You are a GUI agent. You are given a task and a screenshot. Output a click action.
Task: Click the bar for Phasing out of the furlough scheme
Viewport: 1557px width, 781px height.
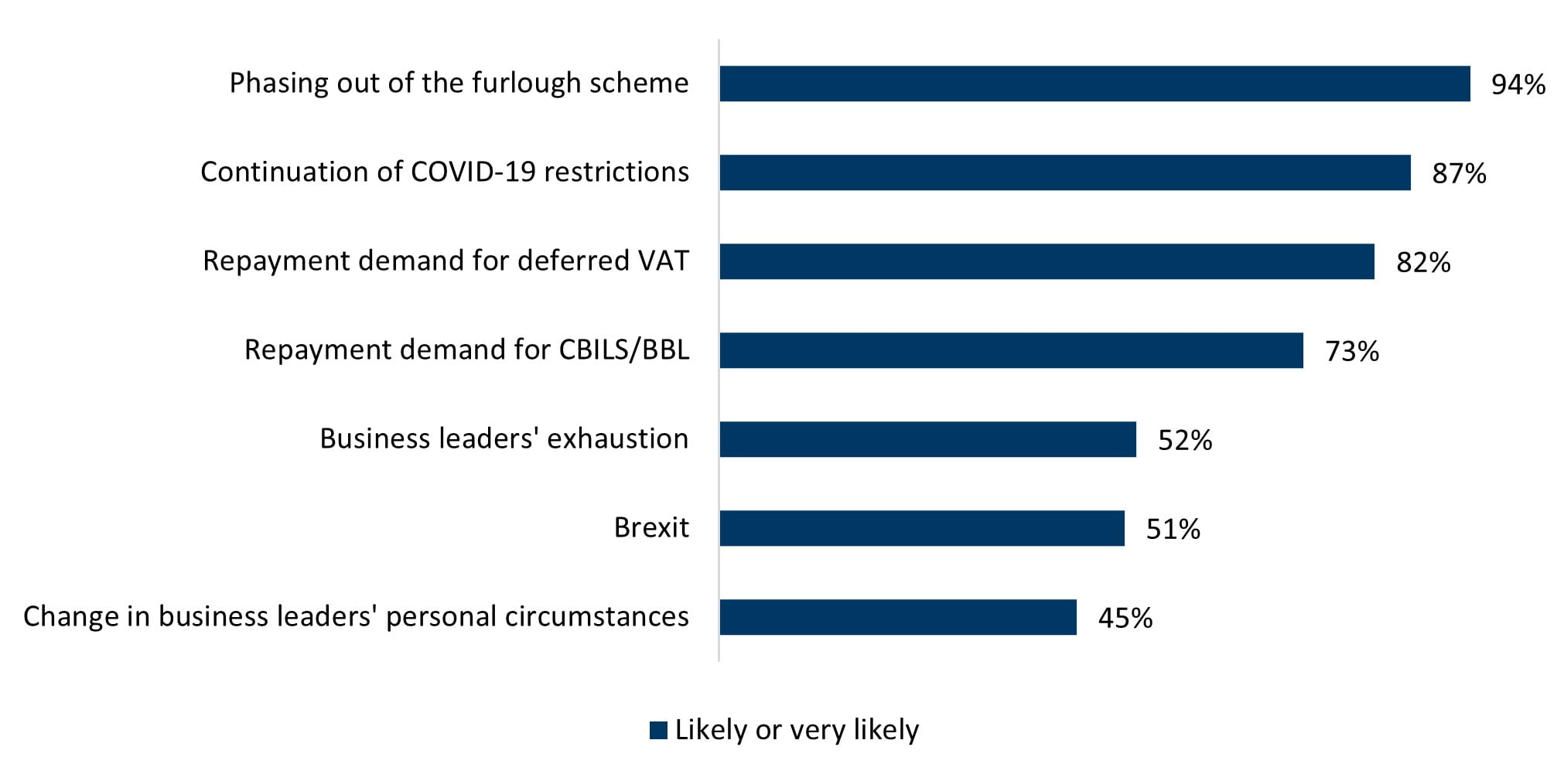click(1094, 84)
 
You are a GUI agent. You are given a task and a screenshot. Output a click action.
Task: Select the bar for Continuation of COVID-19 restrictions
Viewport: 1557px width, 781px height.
click(1065, 172)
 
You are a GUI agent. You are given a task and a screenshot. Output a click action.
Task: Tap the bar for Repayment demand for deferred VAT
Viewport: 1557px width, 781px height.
click(1047, 261)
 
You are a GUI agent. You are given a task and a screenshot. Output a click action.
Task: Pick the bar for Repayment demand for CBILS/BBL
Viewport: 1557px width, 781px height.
click(1012, 350)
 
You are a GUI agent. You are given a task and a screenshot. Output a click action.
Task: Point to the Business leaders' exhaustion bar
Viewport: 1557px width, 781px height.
click(928, 439)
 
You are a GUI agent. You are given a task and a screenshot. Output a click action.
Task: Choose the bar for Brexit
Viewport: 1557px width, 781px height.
click(922, 528)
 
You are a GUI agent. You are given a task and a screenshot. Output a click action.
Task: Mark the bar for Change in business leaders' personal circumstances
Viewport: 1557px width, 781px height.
click(898, 617)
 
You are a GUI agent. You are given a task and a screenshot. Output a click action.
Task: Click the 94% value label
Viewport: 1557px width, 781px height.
click(1518, 84)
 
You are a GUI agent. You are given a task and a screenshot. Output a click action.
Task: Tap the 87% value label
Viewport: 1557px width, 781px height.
click(1459, 173)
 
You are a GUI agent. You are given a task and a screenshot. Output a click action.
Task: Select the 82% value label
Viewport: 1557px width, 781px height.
click(1423, 262)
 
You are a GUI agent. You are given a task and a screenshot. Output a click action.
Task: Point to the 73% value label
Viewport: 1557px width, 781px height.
click(1352, 351)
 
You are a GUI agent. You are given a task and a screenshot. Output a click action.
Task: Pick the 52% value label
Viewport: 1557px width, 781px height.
click(1185, 440)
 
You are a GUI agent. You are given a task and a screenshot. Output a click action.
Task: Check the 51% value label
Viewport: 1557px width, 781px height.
click(1173, 529)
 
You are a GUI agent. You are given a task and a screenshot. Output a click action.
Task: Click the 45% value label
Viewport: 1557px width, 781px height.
click(1125, 618)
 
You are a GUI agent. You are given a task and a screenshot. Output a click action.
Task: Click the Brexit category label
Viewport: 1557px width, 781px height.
click(651, 527)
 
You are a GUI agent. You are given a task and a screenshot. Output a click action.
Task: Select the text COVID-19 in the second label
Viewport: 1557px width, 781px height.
click(473, 172)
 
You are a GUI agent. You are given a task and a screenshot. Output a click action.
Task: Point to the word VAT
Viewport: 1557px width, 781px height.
click(663, 261)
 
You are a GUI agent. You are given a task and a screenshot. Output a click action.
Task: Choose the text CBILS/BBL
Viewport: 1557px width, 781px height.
click(623, 350)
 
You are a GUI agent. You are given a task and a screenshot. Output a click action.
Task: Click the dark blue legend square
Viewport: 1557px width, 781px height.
click(658, 730)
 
